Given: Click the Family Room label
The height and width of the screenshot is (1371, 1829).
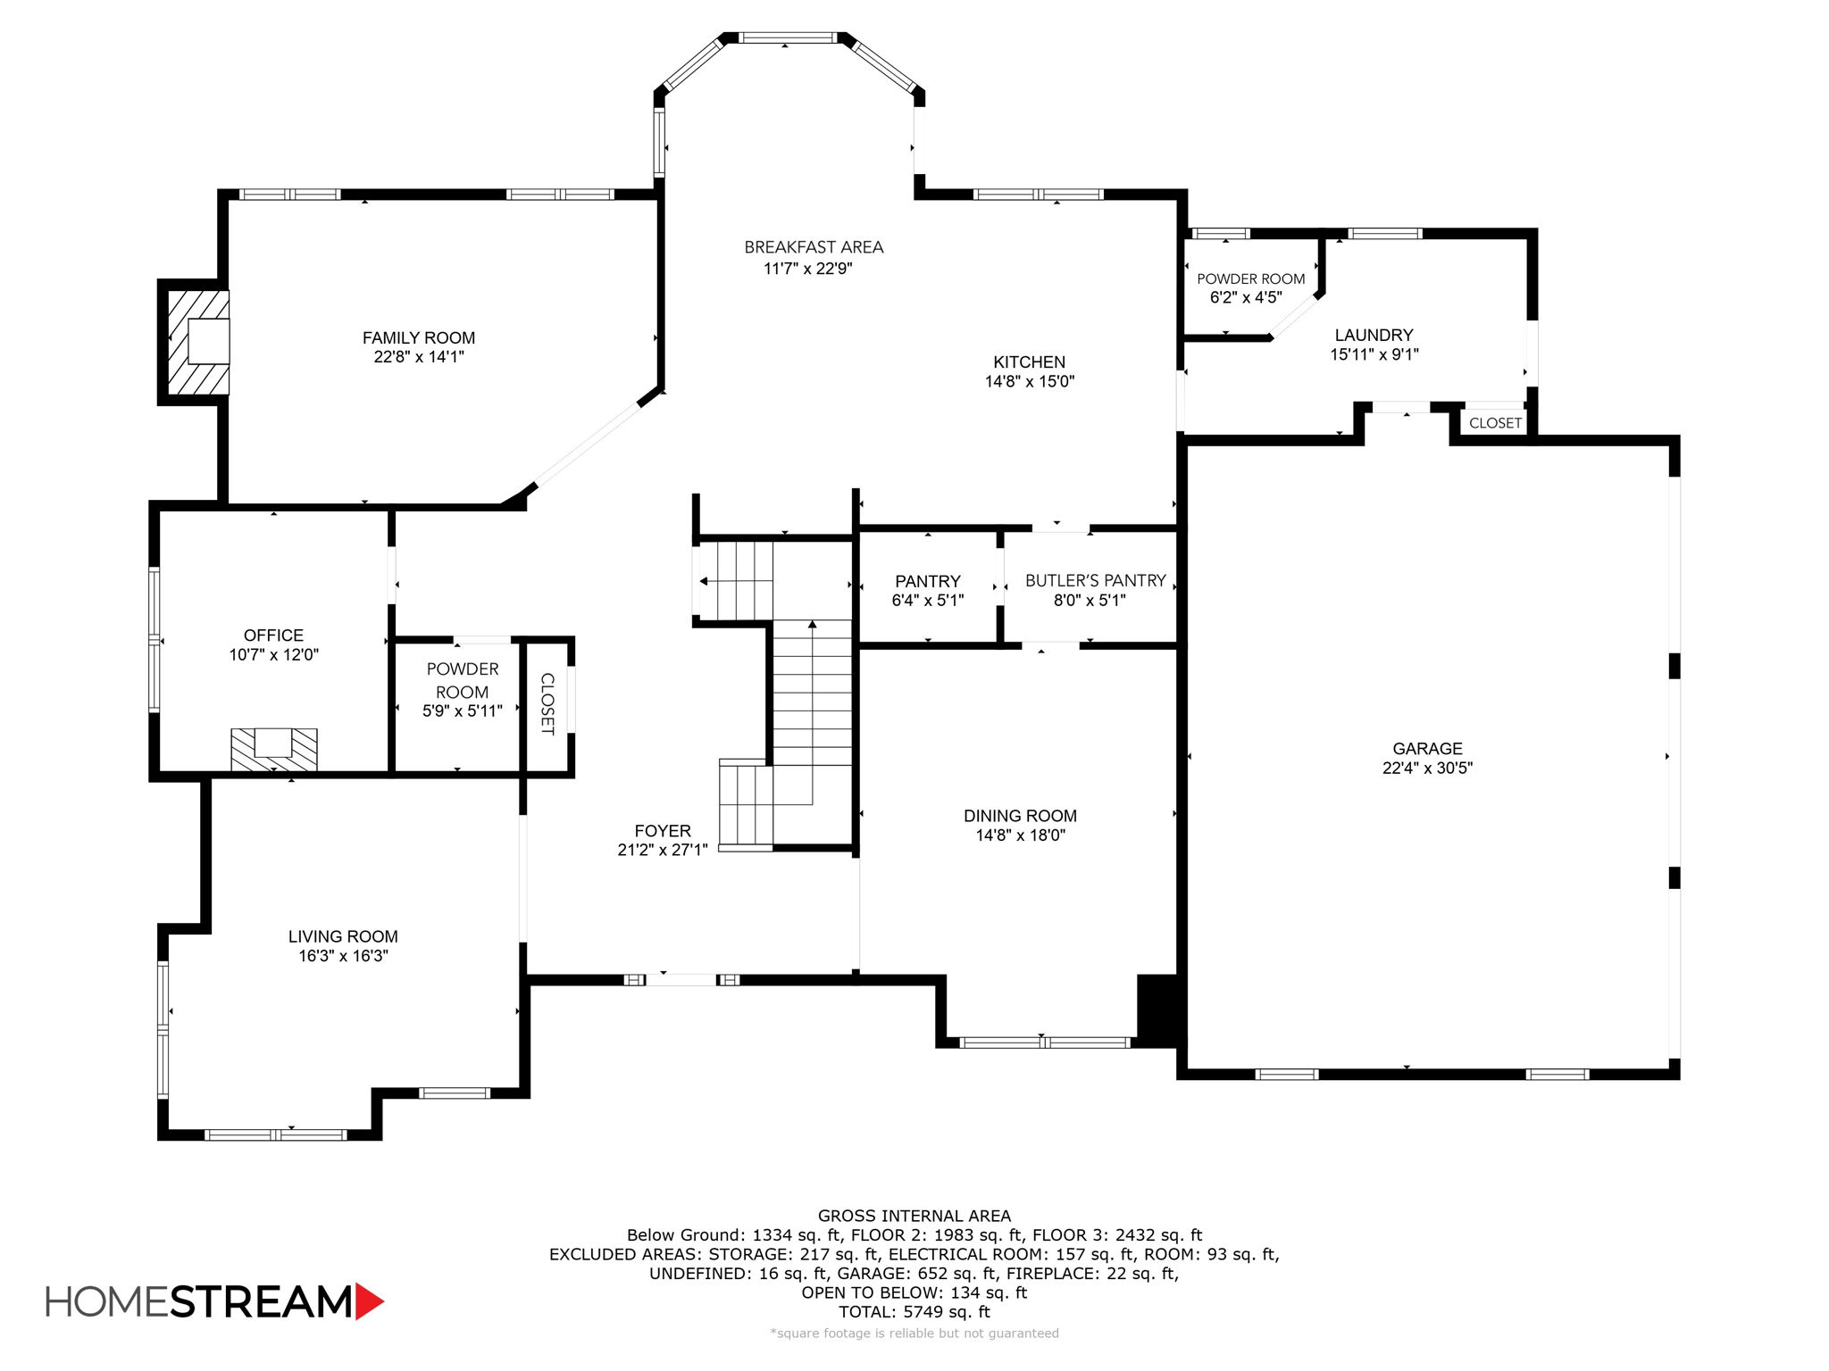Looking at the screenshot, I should pos(418,337).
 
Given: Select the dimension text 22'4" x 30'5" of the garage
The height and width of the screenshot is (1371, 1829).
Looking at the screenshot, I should pos(1427,768).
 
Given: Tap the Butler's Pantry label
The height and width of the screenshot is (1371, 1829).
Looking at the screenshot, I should pos(1095,580).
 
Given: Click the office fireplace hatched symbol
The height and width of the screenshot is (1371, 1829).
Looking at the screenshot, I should pos(273,750).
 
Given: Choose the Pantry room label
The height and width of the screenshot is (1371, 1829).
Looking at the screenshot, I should pos(927,581).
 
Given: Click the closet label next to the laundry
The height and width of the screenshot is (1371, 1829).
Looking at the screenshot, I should pos(1495,423).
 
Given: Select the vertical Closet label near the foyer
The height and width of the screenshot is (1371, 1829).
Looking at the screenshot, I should pos(547,704).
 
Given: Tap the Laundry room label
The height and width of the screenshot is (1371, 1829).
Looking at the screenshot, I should pos(1374,335).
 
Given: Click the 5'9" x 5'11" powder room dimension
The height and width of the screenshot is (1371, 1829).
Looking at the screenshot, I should pos(462,711).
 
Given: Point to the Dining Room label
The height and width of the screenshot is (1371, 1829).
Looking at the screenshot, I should pos(1020,816).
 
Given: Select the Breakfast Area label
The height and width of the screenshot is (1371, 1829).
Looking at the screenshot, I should pos(814,247).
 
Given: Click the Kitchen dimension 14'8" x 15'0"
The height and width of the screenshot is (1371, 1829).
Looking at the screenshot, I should pos(1029,382).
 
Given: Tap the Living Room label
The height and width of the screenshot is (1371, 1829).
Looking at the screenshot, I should pos(343,936).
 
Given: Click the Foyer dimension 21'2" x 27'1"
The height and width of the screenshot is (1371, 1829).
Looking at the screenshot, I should pos(662,851).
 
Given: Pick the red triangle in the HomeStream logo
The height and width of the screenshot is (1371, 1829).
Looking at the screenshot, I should pos(369,1301).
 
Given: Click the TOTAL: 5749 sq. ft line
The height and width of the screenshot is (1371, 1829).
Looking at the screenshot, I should pos(914,1312).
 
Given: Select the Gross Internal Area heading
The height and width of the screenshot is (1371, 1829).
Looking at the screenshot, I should pos(914,1216).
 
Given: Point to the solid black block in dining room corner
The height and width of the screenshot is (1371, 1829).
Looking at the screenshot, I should pos(1157,1009).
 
